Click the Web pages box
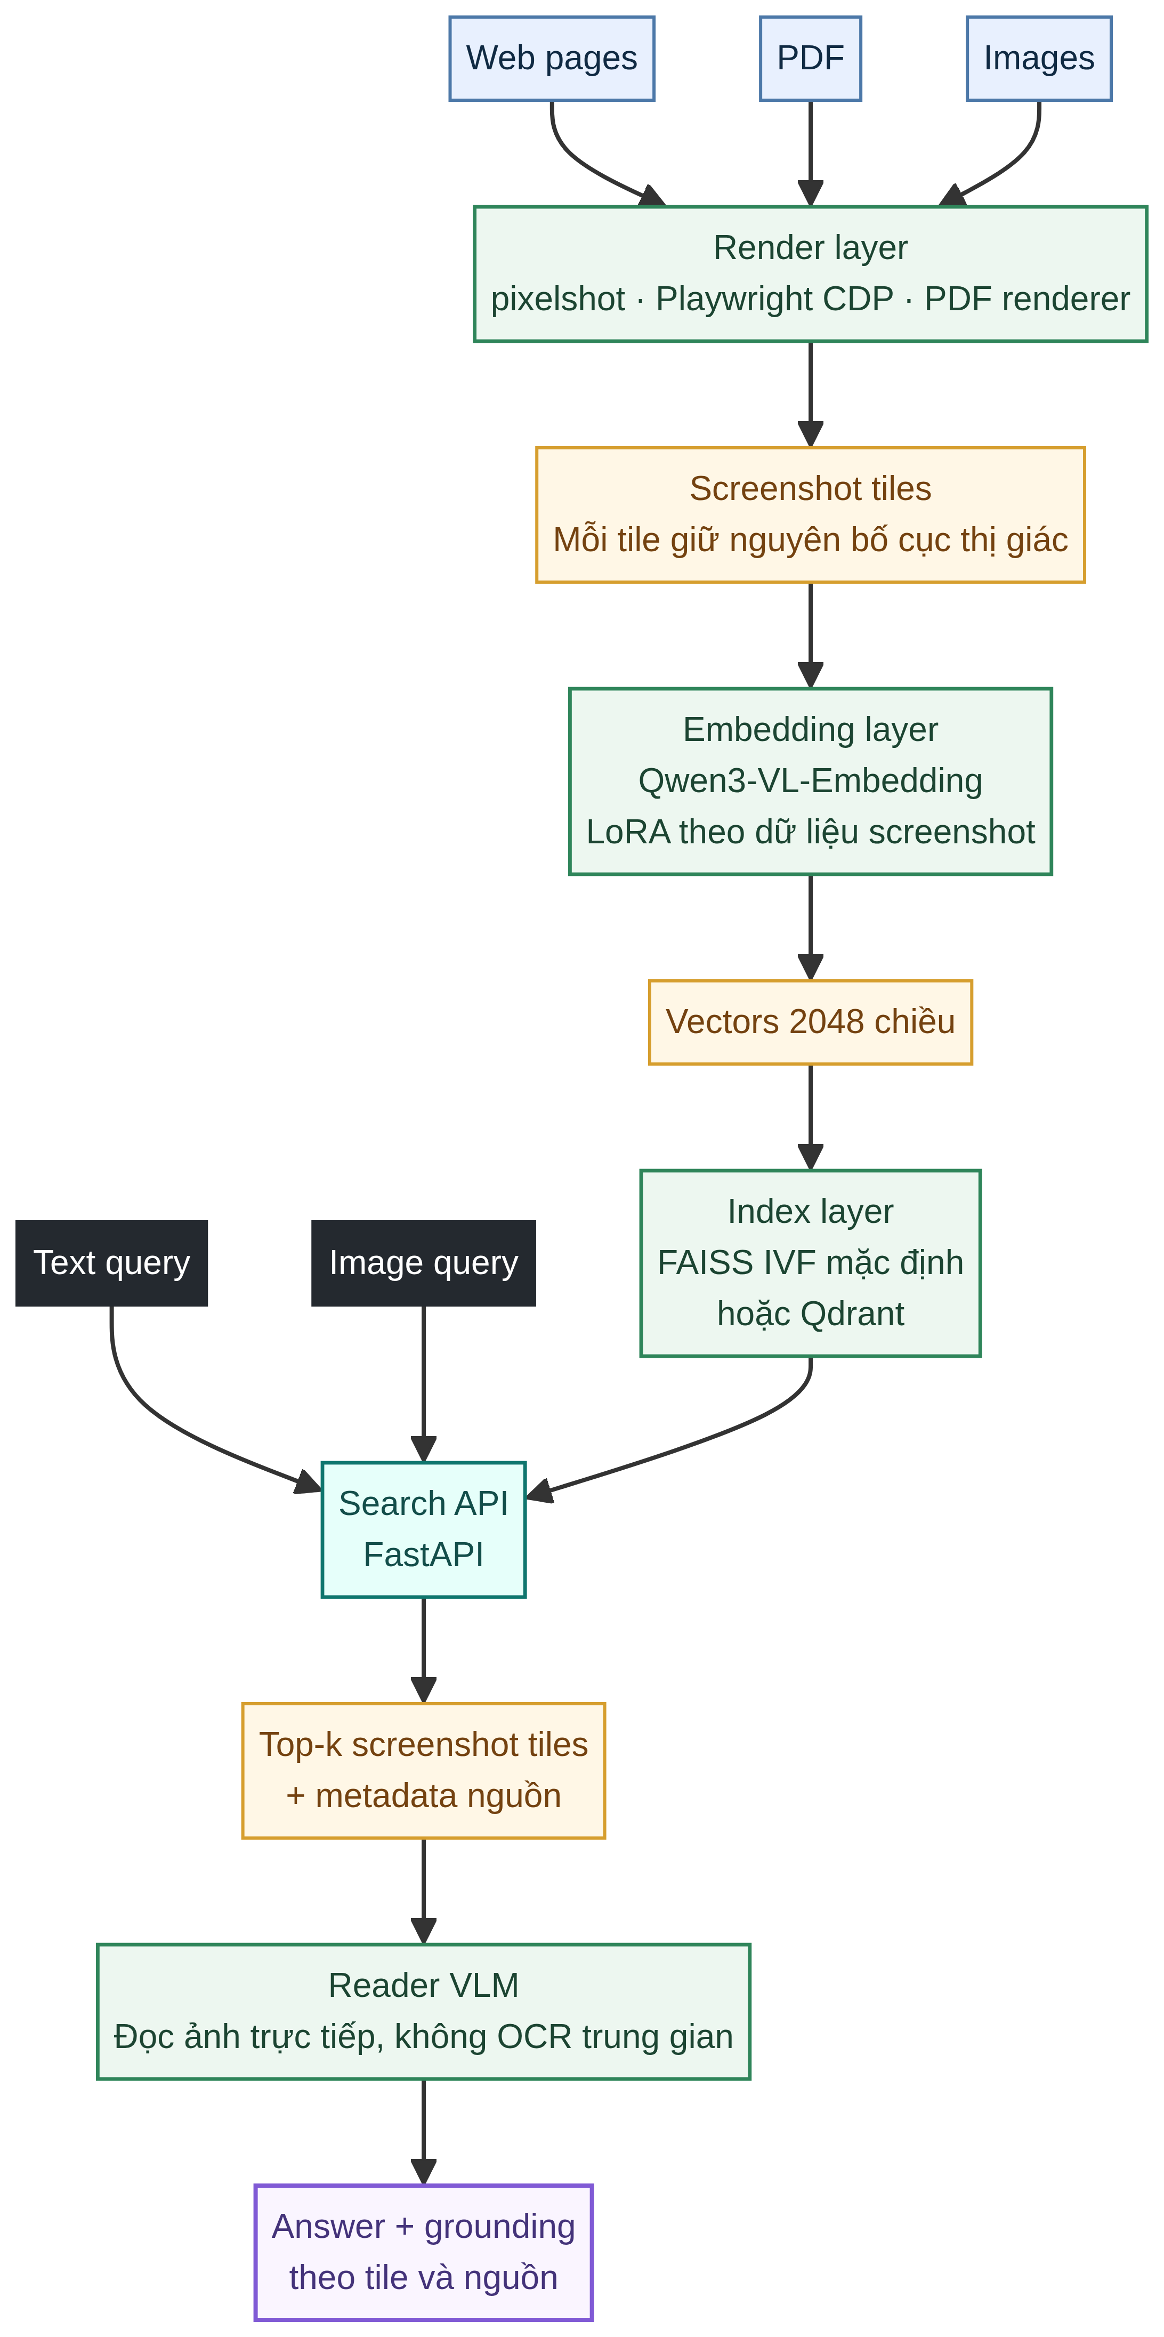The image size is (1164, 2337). pyautogui.click(x=552, y=58)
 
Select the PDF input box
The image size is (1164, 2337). pyautogui.click(x=810, y=58)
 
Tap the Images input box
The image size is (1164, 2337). pyautogui.click(x=1039, y=58)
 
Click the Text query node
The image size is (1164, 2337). pyautogui.click(x=111, y=1263)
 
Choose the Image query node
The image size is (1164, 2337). pyautogui.click(x=424, y=1263)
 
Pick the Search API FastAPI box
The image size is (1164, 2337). pyautogui.click(x=424, y=1529)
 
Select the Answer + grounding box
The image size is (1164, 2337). pyautogui.click(x=424, y=2253)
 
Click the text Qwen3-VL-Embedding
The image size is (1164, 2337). pyautogui.click(x=810, y=781)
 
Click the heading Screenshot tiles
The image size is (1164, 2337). pyautogui.click(x=810, y=489)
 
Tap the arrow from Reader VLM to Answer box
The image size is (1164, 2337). pyautogui.click(x=424, y=2132)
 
